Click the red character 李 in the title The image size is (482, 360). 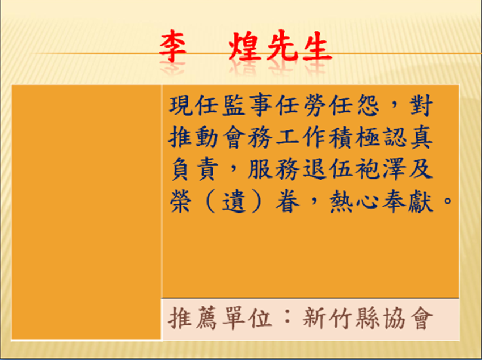pyautogui.click(x=172, y=46)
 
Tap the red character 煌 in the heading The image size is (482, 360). pyautogui.click(x=244, y=46)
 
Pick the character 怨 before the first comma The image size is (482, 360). pyautogui.click(x=367, y=106)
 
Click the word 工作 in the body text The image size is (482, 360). pyautogui.click(x=301, y=137)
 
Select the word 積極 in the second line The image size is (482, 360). pyautogui.click(x=354, y=137)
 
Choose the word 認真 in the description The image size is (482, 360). pyautogui.click(x=407, y=137)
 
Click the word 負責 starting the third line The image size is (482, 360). pyautogui.click(x=195, y=170)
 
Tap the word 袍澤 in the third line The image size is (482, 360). pyautogui.click(x=380, y=170)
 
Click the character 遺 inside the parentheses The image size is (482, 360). pyautogui.click(x=234, y=202)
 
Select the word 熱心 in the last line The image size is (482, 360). pyautogui.click(x=354, y=202)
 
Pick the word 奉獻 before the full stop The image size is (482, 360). pyautogui.click(x=407, y=202)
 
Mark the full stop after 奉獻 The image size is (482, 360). pyautogui.click(x=448, y=201)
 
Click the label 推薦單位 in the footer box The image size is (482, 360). pyautogui.click(x=221, y=318)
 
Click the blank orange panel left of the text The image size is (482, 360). pyautogui.click(x=86, y=213)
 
